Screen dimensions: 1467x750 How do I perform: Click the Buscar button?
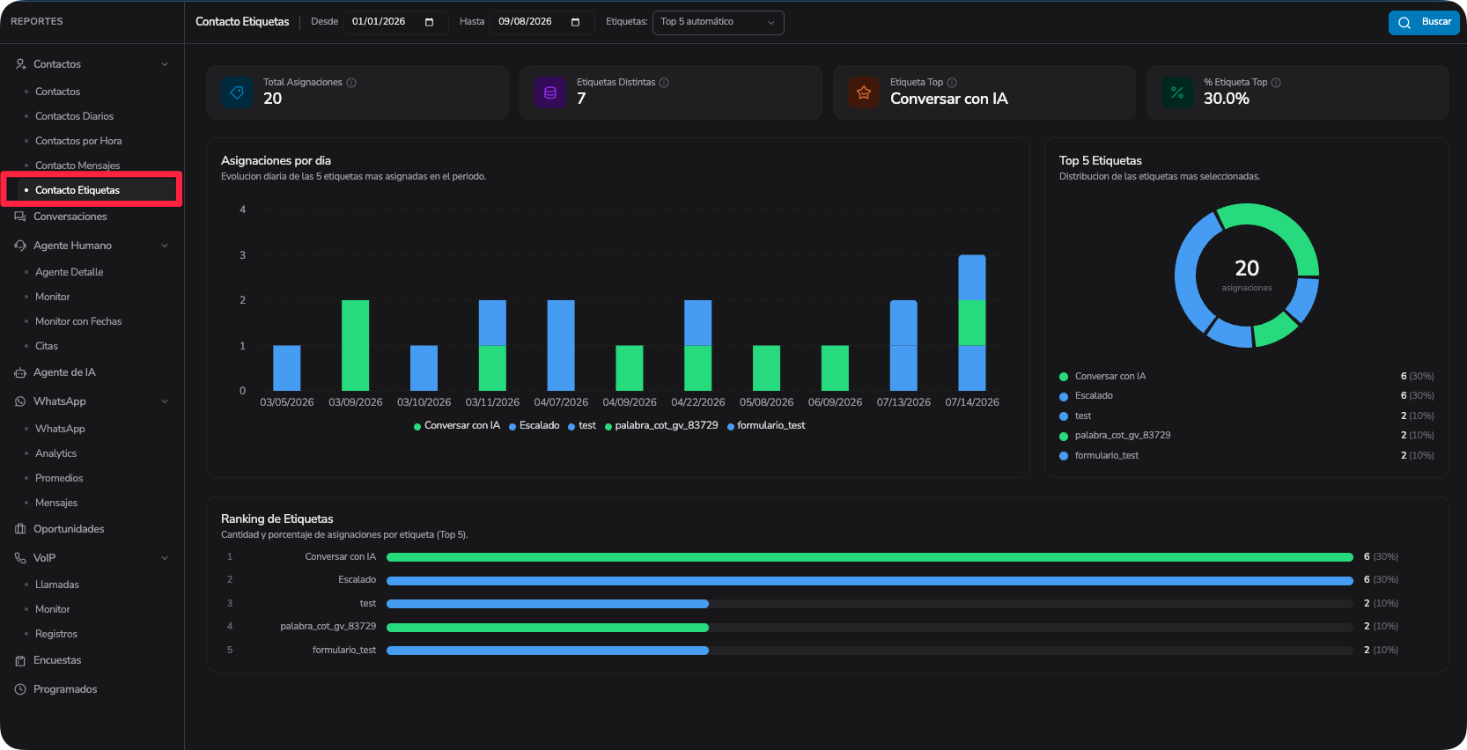(x=1424, y=22)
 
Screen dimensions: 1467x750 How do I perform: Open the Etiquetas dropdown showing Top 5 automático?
(x=718, y=22)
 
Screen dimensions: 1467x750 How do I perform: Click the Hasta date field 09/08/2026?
(x=541, y=22)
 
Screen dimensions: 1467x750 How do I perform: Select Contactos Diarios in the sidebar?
(x=74, y=116)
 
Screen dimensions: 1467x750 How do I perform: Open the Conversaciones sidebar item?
(x=70, y=217)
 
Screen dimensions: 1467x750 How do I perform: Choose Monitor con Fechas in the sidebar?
(x=78, y=321)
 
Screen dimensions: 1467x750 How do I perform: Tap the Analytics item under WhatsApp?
(x=55, y=453)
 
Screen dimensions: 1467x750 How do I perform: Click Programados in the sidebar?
(x=65, y=689)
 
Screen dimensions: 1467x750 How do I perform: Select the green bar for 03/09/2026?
(x=356, y=346)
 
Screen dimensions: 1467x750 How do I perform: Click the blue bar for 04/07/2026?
(x=561, y=346)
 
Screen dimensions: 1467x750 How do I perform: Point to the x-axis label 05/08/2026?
(x=766, y=402)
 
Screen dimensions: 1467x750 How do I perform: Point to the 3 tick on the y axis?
(x=242, y=255)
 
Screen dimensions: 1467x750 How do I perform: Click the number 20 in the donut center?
(x=1247, y=268)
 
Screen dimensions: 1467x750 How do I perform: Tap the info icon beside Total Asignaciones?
(x=351, y=83)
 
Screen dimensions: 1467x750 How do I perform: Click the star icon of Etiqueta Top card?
(x=864, y=92)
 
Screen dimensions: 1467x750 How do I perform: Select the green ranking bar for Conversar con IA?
(x=870, y=557)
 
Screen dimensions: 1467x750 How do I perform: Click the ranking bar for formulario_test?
(x=548, y=651)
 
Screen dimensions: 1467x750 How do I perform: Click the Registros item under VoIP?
(x=55, y=634)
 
